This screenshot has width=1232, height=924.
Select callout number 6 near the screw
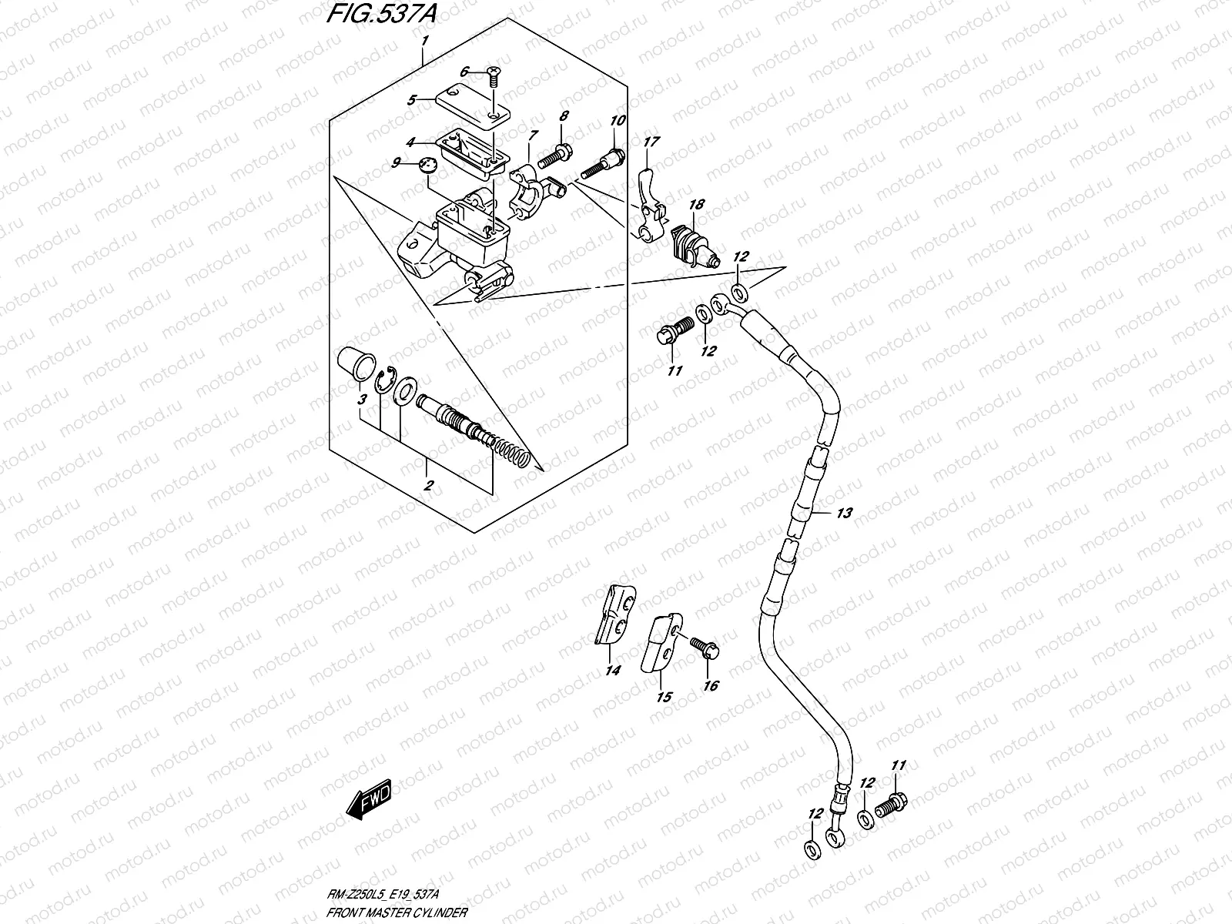pyautogui.click(x=465, y=72)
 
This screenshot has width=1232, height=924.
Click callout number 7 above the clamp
pyautogui.click(x=532, y=136)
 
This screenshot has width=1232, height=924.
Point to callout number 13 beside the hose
pyautogui.click(x=844, y=513)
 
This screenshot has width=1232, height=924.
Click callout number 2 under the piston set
pyautogui.click(x=428, y=485)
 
